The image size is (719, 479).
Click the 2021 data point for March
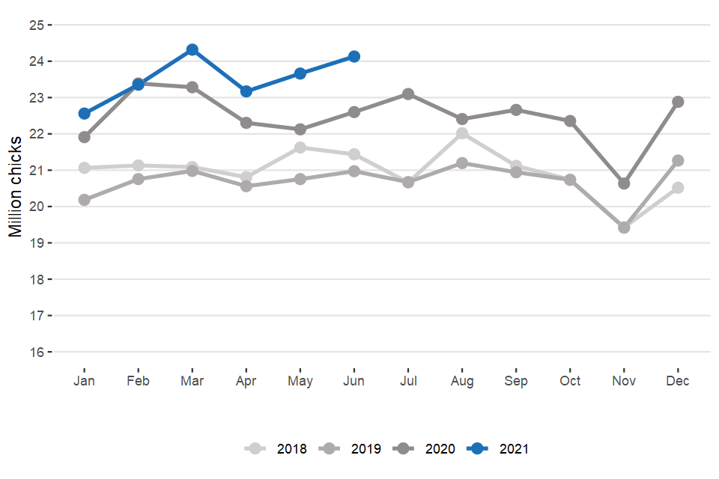pos(192,49)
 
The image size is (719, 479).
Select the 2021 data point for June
pos(354,57)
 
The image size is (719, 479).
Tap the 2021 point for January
pos(85,114)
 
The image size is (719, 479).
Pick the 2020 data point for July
pos(408,94)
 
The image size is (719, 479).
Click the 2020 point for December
pos(678,102)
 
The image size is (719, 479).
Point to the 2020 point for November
pos(624,183)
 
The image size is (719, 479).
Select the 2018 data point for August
pos(462,133)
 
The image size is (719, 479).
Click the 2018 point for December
pos(678,187)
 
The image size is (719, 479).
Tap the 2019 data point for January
pos(85,200)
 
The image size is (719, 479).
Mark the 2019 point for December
pos(678,160)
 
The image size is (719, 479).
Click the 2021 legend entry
pos(497,449)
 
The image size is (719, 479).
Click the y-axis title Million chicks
pos(16,187)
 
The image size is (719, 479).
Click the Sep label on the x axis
pos(516,381)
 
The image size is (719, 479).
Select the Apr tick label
pos(246,381)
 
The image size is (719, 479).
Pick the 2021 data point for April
pos(246,91)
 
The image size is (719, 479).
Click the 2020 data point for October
pos(570,120)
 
